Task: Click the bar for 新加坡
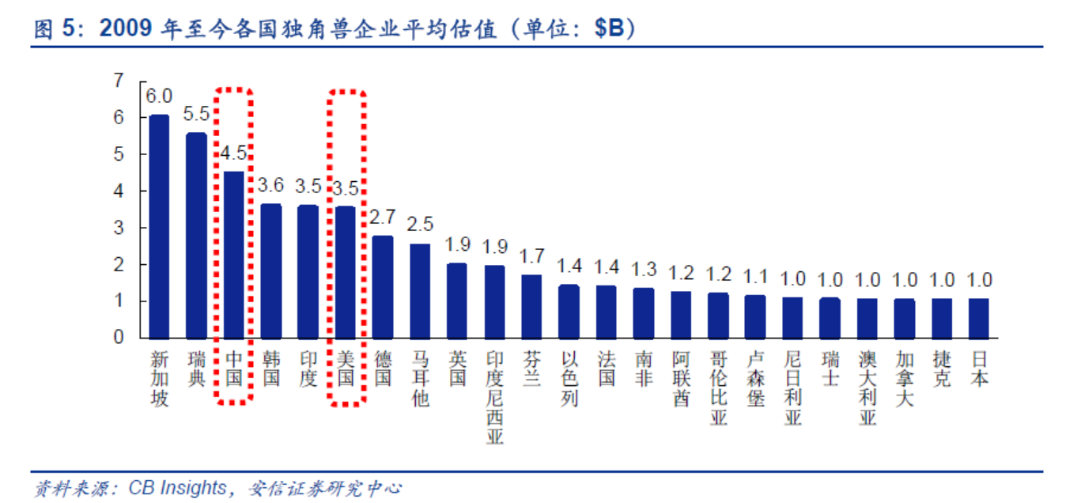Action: click(159, 226)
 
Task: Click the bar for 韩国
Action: click(271, 270)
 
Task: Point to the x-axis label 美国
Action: click(346, 368)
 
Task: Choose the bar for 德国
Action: click(383, 286)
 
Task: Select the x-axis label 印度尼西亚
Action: click(494, 398)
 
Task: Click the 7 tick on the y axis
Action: click(119, 81)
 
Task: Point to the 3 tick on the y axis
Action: click(119, 228)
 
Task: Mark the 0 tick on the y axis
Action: click(119, 338)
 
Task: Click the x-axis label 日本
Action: click(979, 368)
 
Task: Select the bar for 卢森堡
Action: click(755, 316)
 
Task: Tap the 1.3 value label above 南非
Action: click(644, 270)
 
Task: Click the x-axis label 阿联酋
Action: click(681, 378)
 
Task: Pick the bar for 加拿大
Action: click(905, 318)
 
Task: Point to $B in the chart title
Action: click(609, 29)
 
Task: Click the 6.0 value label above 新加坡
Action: click(159, 96)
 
